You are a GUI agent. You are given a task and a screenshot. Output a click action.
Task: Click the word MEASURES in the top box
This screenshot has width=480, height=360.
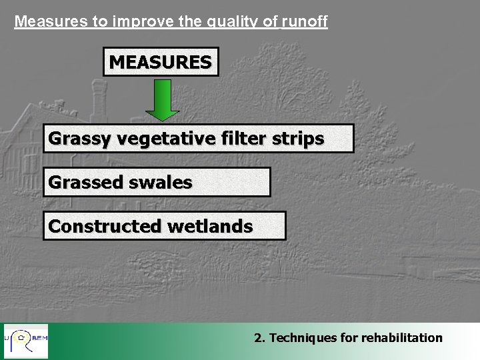point(161,62)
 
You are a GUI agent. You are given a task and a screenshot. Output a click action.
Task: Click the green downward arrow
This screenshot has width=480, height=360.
point(162,100)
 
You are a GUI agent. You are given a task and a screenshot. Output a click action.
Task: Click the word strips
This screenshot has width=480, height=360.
point(302,139)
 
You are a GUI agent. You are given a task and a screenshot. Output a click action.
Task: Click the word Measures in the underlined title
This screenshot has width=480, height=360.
point(52,21)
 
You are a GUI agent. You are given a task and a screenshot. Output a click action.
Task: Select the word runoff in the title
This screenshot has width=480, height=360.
point(305,21)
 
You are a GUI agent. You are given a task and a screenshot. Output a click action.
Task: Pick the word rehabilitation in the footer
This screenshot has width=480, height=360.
point(401,338)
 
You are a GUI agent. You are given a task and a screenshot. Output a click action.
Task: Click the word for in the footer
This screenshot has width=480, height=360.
point(349,338)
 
